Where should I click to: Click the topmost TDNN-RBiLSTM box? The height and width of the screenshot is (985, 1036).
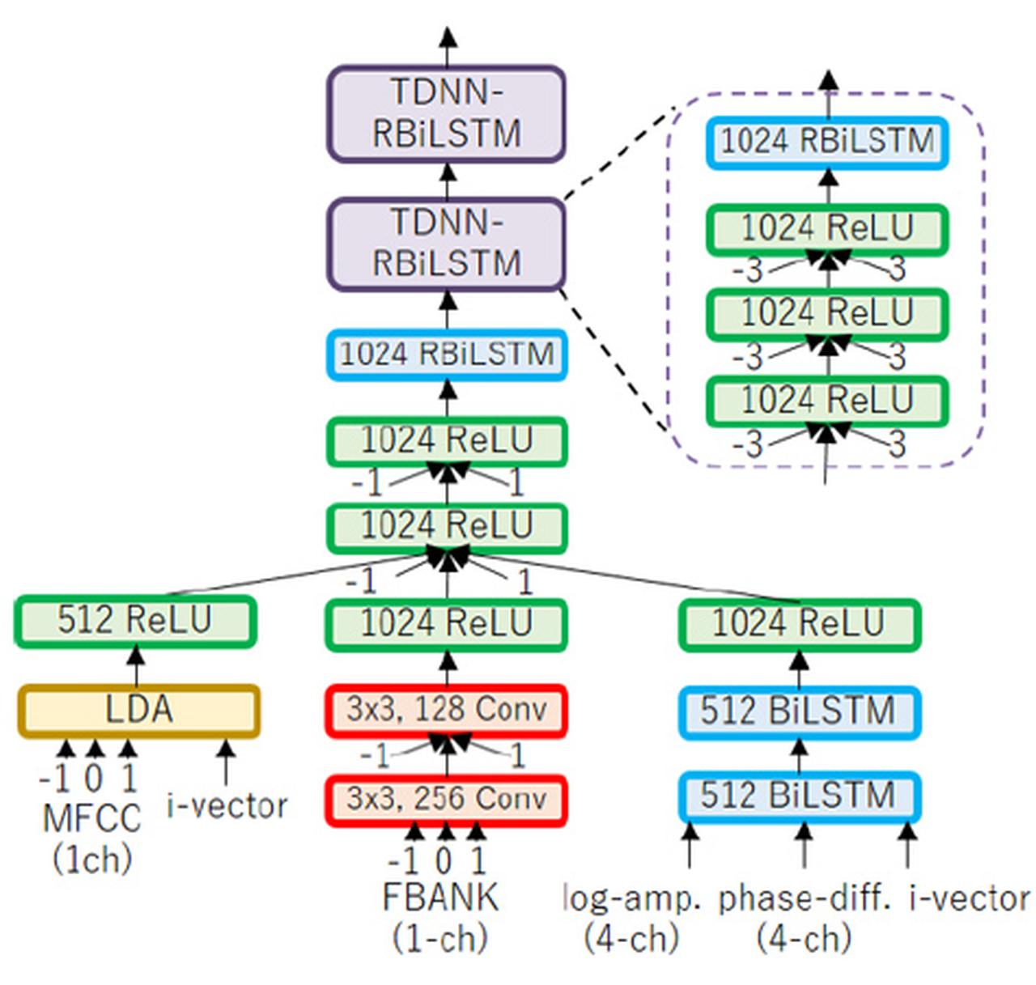pyautogui.click(x=446, y=113)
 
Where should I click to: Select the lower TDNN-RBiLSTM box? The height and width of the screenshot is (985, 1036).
pyautogui.click(x=446, y=244)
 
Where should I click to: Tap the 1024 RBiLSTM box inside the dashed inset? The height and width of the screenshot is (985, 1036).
pyautogui.click(x=826, y=142)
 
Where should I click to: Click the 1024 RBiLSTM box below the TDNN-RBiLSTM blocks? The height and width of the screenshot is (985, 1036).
pyautogui.click(x=446, y=355)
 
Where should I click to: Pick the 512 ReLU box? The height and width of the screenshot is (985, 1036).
pyautogui.click(x=135, y=622)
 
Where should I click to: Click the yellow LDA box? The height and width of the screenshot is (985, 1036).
pyautogui.click(x=138, y=711)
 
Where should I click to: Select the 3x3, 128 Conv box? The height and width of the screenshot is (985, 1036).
pyautogui.click(x=446, y=711)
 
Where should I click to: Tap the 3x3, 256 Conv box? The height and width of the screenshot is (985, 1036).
pyautogui.click(x=446, y=800)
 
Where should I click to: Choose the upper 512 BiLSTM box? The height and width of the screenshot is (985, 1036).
pyautogui.click(x=798, y=711)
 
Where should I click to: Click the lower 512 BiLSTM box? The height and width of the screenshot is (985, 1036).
pyautogui.click(x=798, y=796)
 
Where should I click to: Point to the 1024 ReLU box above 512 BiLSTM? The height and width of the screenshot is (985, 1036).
pyautogui.click(x=798, y=624)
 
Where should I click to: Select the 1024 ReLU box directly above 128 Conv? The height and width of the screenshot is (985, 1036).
pyautogui.click(x=446, y=624)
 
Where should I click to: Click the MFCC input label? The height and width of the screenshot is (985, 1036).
pyautogui.click(x=91, y=819)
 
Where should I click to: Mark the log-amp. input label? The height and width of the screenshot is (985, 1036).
pyautogui.click(x=632, y=898)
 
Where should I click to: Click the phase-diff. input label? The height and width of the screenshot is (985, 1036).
pyautogui.click(x=805, y=898)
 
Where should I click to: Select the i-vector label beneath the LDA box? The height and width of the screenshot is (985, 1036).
pyautogui.click(x=227, y=806)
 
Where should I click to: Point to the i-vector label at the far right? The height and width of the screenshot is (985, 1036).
pyautogui.click(x=970, y=898)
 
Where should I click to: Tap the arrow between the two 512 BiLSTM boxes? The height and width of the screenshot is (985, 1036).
pyautogui.click(x=799, y=754)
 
